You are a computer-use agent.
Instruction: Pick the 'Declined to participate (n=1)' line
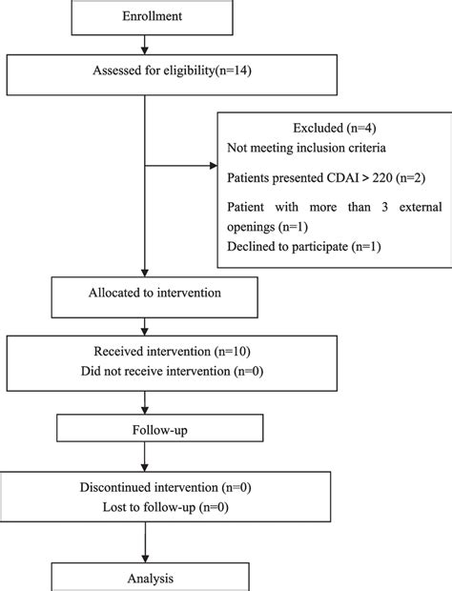click(x=304, y=248)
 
